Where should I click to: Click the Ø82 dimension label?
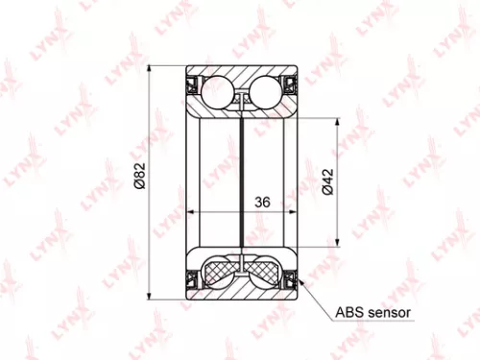click(x=141, y=179)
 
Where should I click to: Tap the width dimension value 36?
click(x=261, y=204)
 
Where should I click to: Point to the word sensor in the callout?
click(x=389, y=313)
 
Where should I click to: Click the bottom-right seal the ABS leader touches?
click(x=290, y=279)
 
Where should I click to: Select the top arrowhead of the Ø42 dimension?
click(x=337, y=124)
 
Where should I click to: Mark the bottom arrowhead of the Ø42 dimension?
click(x=337, y=242)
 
